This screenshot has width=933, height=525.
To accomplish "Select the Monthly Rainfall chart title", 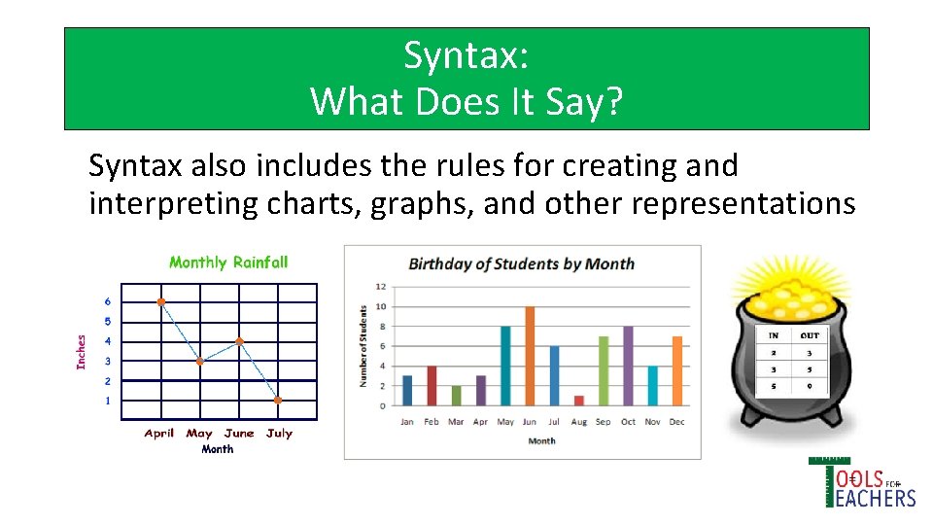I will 228,262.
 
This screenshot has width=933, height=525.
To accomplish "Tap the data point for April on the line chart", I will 161,302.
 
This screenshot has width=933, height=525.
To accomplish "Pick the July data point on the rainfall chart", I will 278,400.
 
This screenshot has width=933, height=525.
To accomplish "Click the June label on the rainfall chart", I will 239,434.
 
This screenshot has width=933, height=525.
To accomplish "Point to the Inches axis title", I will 82,351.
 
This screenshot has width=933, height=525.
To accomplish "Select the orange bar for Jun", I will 530,356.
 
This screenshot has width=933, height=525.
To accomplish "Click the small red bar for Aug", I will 579,400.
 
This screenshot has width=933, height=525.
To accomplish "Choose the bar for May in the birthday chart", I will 505,366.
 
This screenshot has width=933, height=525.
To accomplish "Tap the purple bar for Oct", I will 628,366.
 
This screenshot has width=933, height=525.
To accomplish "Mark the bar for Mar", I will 456,396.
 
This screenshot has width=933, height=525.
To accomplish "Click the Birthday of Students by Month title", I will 521,263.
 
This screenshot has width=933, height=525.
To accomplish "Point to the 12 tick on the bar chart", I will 381,287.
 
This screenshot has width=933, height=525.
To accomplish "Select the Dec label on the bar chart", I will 677,421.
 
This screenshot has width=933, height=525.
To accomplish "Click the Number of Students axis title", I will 363,346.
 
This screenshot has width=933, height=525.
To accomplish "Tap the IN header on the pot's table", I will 774,335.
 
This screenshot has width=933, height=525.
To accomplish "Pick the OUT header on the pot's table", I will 810,335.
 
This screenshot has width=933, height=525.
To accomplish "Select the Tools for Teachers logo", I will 861,483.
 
